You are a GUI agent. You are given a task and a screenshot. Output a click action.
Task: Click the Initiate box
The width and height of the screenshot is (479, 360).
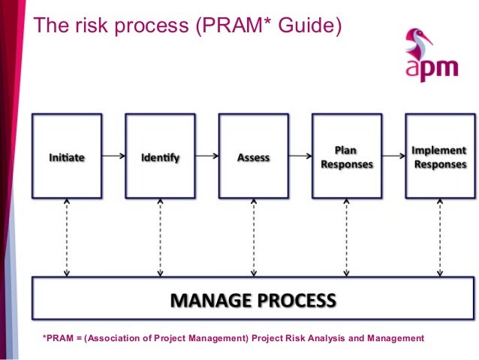pyautogui.click(x=67, y=156)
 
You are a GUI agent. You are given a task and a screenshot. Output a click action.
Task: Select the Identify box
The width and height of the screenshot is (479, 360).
pyautogui.click(x=160, y=156)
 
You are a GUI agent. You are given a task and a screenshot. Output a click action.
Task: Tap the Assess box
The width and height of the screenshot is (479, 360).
pyautogui.click(x=253, y=156)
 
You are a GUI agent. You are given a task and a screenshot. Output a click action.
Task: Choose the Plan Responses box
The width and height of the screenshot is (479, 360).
pyautogui.click(x=346, y=156)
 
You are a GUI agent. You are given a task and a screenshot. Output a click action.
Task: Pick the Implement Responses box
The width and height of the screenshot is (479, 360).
pyautogui.click(x=439, y=156)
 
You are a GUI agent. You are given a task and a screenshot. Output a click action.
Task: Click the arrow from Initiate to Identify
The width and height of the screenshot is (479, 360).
pyautogui.click(x=113, y=157)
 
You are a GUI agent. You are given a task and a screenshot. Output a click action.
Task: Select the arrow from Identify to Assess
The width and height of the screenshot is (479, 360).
pyautogui.click(x=206, y=157)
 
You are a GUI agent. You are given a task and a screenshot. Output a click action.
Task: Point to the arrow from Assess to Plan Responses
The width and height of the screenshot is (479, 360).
pyautogui.click(x=300, y=157)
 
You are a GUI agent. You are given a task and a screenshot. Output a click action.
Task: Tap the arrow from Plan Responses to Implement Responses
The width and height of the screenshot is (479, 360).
pyautogui.click(x=393, y=157)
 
